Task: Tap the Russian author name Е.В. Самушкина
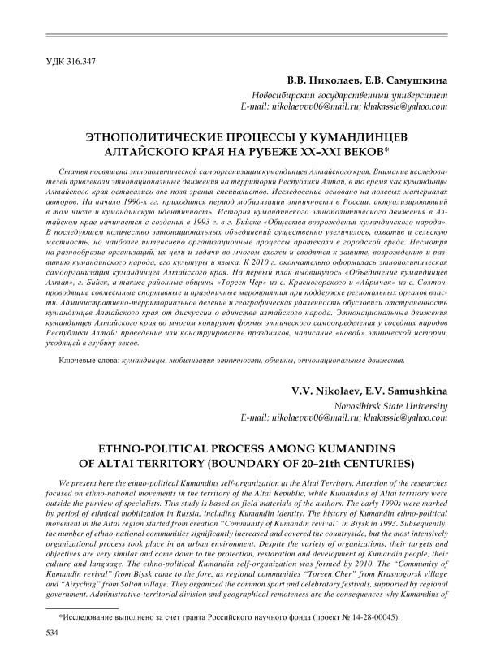(407, 81)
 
